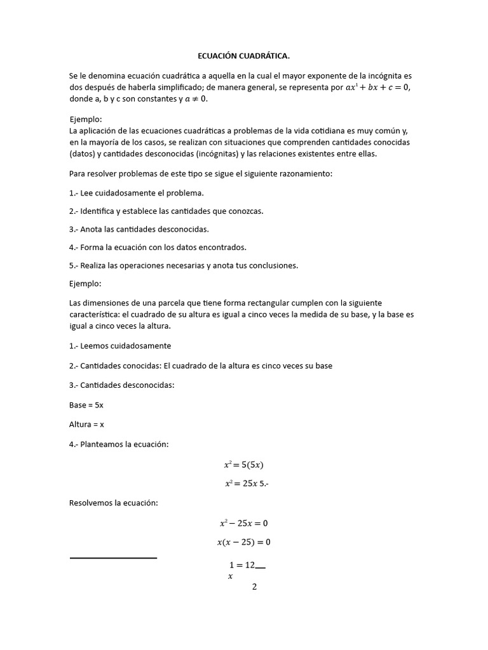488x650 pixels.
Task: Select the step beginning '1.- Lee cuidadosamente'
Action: pyautogui.click(x=137, y=192)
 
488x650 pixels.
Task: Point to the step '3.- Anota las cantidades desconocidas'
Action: pyautogui.click(x=139, y=229)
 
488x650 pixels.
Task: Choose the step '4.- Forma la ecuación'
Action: pyautogui.click(x=158, y=247)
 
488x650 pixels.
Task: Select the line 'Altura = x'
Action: pyautogui.click(x=86, y=424)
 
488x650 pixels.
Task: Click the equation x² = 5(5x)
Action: pyautogui.click(x=243, y=465)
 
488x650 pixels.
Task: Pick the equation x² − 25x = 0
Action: pyautogui.click(x=243, y=524)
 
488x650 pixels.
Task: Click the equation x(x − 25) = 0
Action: pyautogui.click(x=243, y=542)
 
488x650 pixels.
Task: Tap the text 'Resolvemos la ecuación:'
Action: pyautogui.click(x=113, y=503)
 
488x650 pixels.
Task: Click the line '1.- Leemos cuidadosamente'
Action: pyautogui.click(x=120, y=346)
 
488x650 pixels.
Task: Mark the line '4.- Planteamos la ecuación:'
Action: pyautogui.click(x=119, y=444)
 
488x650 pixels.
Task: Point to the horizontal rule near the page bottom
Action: pyautogui.click(x=113, y=558)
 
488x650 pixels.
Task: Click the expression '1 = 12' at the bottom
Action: pyautogui.click(x=241, y=565)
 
